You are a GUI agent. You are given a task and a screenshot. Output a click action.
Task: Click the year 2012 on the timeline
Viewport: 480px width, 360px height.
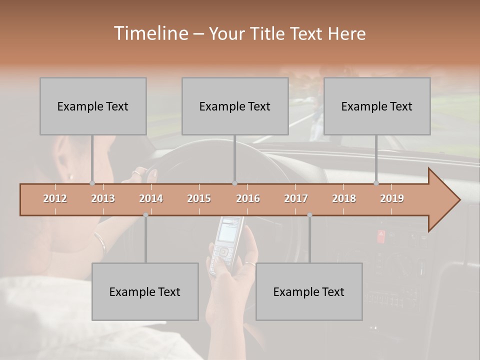[55, 198]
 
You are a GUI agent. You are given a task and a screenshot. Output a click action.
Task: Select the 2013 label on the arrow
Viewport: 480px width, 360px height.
[103, 198]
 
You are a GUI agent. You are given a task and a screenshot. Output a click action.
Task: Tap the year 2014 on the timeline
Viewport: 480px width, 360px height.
[151, 198]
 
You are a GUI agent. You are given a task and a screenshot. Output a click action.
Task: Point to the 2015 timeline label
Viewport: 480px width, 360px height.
[199, 198]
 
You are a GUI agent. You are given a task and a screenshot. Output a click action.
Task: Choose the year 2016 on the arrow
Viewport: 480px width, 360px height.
[248, 198]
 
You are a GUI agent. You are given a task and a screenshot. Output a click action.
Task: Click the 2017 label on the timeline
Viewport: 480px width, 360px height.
[296, 198]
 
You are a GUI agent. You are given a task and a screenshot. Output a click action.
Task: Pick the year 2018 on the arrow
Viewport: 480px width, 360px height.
[344, 198]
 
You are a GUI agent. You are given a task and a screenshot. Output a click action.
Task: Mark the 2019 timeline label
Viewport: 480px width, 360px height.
[392, 198]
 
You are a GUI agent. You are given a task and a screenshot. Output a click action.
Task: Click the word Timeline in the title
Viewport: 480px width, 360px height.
[150, 33]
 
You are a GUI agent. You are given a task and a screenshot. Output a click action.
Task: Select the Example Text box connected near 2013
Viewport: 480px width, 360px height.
[93, 106]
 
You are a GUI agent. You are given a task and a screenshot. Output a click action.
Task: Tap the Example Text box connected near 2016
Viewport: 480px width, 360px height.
[235, 106]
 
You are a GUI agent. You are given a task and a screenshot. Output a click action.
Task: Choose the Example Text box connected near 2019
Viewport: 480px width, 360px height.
[377, 106]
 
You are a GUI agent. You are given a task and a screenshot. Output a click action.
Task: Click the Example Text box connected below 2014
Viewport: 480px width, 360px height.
[145, 291]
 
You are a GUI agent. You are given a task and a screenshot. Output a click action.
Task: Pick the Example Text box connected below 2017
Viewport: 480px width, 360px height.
[309, 291]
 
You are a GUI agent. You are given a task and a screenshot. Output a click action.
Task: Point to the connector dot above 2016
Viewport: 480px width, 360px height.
[234, 183]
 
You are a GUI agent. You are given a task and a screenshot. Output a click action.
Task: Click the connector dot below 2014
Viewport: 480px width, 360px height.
[145, 215]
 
